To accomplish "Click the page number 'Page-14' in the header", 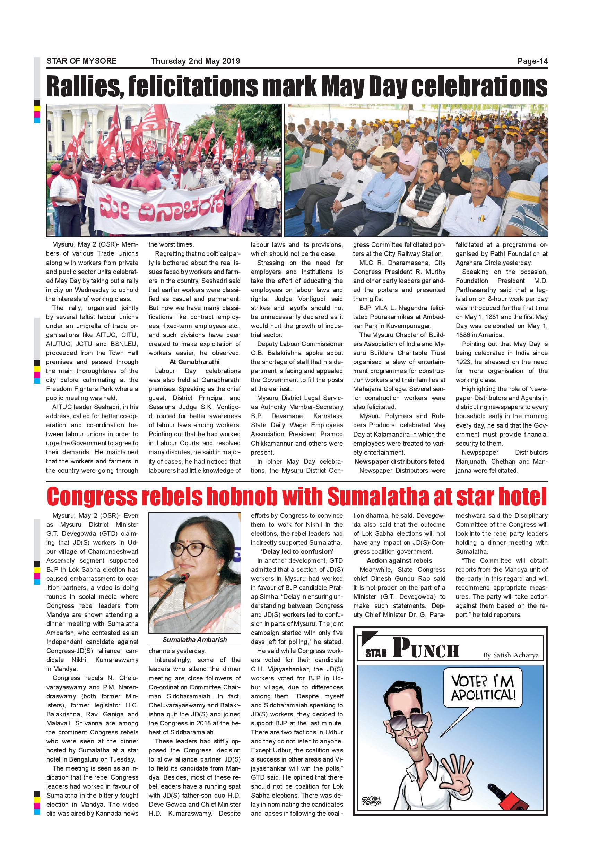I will (x=532, y=61).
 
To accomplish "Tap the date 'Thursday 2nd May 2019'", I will (x=196, y=61).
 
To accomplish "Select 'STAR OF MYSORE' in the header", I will (x=81, y=61).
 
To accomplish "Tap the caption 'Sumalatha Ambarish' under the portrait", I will (x=195, y=640).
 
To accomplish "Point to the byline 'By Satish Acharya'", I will (x=511, y=655).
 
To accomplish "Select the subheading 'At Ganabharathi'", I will (x=195, y=362).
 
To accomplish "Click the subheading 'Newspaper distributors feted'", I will (x=399, y=462).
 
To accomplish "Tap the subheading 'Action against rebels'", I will (x=399, y=561).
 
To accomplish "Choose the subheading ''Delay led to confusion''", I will (x=297, y=552).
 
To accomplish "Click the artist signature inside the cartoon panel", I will (x=372, y=801).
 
